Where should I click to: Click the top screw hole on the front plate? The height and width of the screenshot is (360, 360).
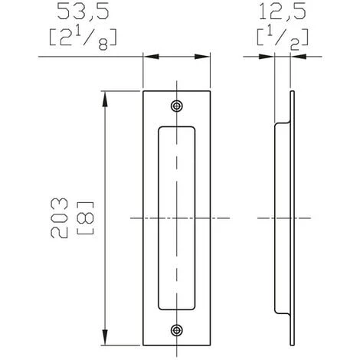(x=177, y=106)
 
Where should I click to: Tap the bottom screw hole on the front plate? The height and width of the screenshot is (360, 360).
(x=177, y=330)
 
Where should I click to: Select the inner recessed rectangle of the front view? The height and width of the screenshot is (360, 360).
(x=176, y=218)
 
